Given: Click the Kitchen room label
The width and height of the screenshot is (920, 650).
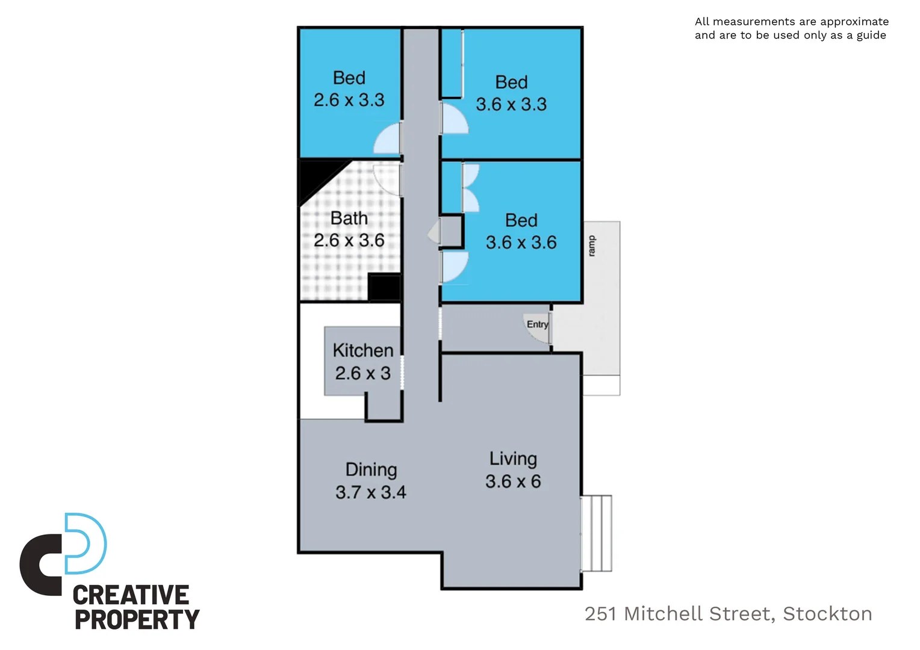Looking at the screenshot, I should (x=362, y=350).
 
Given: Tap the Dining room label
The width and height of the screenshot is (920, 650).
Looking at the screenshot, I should (x=371, y=469).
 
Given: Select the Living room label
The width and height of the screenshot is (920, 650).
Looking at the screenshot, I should (x=513, y=459).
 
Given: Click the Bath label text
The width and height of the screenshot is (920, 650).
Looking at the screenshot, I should (x=349, y=218).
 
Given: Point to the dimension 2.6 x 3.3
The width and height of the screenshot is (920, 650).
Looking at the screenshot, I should (x=349, y=100).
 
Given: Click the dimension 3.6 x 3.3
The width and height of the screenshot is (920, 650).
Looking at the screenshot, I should (x=511, y=104).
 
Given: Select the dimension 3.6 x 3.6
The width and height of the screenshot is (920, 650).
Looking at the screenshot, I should (x=521, y=243).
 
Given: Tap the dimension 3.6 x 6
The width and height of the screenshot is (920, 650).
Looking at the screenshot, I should (x=513, y=481).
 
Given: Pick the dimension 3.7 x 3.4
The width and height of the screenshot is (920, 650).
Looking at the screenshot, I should (x=371, y=492).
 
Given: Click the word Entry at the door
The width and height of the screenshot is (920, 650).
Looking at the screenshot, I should (x=538, y=324).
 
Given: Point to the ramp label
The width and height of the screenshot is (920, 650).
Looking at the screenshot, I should (x=591, y=246).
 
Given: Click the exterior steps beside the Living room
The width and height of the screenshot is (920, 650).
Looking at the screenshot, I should (x=597, y=533).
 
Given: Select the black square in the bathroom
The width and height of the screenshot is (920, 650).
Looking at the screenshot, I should (x=384, y=287).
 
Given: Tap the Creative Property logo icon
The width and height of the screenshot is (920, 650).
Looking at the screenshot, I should (x=63, y=554).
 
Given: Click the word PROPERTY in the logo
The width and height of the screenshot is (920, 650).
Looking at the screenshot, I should (x=137, y=619).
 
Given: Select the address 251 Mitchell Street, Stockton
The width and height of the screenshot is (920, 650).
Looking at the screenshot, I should (x=728, y=613).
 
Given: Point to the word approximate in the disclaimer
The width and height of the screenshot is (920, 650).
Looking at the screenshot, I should (x=854, y=22).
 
